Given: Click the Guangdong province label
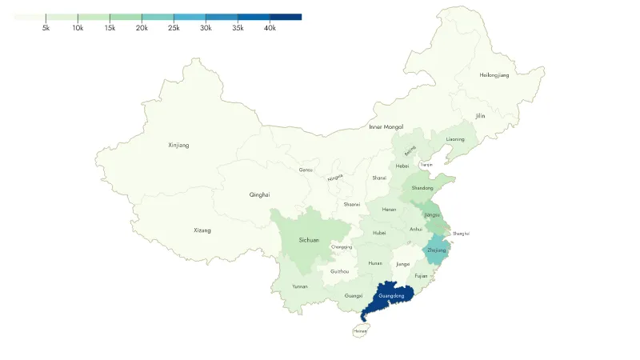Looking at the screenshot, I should click(391, 296).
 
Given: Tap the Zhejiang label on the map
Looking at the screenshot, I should click(437, 250).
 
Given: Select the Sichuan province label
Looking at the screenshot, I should click(309, 240).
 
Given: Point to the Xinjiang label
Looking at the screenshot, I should click(179, 146).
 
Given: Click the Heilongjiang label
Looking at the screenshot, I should click(494, 75).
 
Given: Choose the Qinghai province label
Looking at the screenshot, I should click(260, 194).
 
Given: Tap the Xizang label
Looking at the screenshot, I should click(202, 230).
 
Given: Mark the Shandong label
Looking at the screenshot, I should click(422, 188).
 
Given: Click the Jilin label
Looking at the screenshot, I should click(480, 116).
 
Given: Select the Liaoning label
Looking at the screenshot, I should click(455, 139).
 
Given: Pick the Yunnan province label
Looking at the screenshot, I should click(300, 286).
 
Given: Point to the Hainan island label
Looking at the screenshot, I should click(361, 330).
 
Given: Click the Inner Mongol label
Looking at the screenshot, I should click(386, 127).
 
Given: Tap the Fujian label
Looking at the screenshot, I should click(421, 276).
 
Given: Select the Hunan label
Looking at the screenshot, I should click(375, 263).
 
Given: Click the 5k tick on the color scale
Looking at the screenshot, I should click(46, 28).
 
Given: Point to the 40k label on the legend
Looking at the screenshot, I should click(270, 28).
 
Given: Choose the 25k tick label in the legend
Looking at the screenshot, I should click(174, 28).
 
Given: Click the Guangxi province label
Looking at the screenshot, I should click(353, 296).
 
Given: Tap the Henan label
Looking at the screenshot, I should click(389, 210).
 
